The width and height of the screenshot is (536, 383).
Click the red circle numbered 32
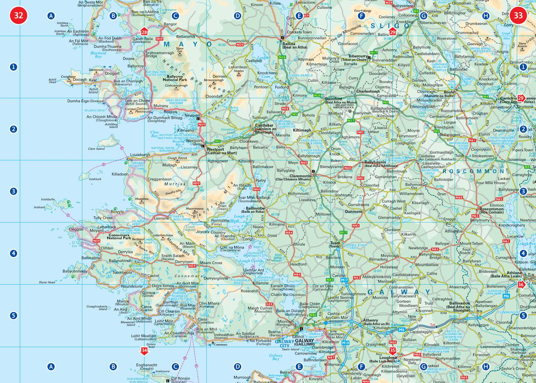19,16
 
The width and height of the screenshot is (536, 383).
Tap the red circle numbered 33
518,16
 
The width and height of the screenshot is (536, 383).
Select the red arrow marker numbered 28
144,32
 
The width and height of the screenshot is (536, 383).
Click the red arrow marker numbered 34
144,351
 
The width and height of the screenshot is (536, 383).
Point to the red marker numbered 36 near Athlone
521,284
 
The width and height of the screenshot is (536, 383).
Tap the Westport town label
215,149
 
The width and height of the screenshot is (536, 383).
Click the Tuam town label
335,243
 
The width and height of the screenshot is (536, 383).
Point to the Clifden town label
107,248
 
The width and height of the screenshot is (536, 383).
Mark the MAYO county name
188,45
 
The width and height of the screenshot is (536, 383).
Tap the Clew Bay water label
154,134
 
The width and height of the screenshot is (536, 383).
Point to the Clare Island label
96,149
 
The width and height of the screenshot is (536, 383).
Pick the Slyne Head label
47,282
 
